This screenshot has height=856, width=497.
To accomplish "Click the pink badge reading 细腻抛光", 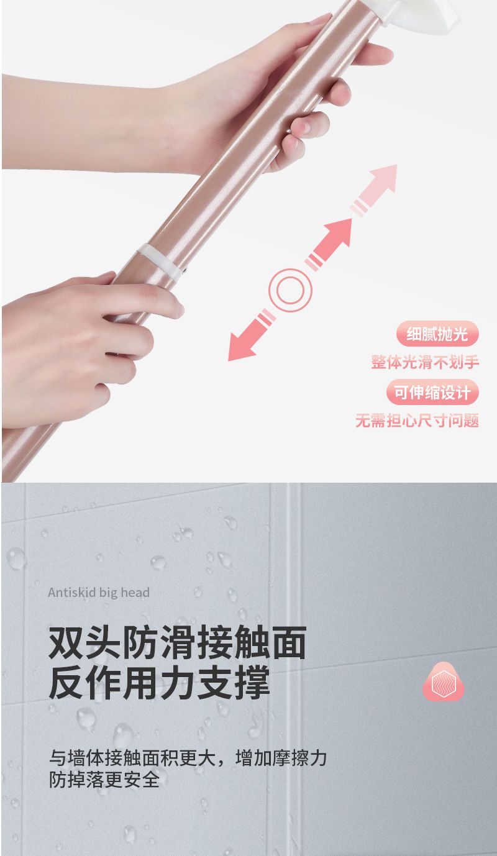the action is click(x=437, y=334).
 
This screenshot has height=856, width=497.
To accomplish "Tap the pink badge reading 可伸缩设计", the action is click(x=432, y=392).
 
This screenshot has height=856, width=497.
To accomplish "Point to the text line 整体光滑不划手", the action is click(x=425, y=362).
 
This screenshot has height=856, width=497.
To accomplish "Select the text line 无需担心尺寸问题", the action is click(x=417, y=421).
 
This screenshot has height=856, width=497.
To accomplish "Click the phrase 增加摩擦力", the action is click(x=281, y=758).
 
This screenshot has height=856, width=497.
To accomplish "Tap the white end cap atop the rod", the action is click(x=417, y=16).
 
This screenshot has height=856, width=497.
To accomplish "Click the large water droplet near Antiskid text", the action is click(x=16, y=558).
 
